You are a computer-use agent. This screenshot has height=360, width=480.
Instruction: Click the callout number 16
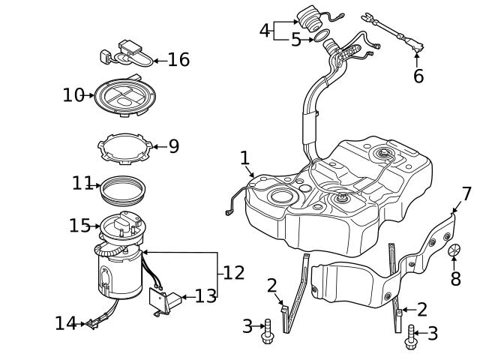point(178,59)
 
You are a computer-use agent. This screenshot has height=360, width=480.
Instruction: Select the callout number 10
point(73,95)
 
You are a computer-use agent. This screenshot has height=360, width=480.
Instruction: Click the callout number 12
point(233,273)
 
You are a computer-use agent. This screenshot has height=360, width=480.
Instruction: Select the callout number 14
point(65,323)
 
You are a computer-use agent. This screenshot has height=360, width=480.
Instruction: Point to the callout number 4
point(264,31)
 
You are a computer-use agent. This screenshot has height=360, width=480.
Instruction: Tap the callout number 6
point(418,76)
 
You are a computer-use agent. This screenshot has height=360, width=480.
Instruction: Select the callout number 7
point(466,194)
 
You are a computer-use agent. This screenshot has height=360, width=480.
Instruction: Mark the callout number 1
point(244,157)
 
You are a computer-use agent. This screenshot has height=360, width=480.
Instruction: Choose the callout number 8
point(455,279)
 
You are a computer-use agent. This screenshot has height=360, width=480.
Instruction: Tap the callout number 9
point(173,145)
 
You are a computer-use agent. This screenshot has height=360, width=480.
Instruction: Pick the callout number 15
point(79,224)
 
